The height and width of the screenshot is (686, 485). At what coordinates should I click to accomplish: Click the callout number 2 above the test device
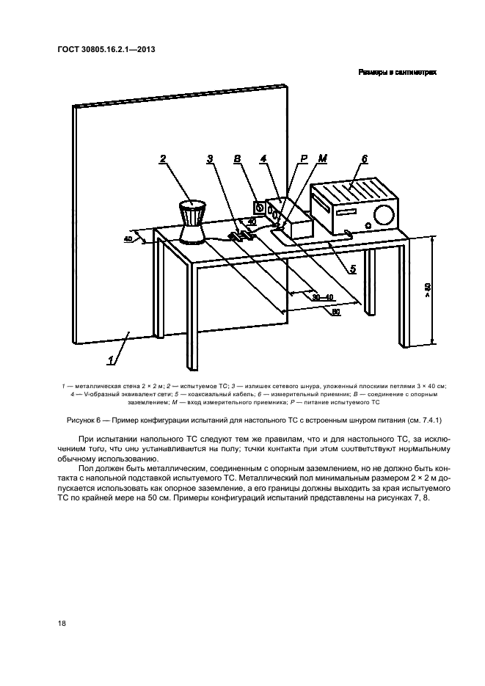coord(163,158)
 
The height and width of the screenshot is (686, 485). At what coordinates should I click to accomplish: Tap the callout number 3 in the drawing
coord(210,158)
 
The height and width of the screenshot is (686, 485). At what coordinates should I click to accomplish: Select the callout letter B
coord(236,158)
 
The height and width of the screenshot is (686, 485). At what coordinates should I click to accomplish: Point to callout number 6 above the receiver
coord(364,158)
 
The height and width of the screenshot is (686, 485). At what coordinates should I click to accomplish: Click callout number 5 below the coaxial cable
coord(352,269)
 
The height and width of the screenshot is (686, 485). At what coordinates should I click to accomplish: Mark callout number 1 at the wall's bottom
coord(112,360)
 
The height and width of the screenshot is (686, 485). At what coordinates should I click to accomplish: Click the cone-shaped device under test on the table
coord(192,222)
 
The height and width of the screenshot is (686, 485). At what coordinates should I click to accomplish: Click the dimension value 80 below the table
coord(335,312)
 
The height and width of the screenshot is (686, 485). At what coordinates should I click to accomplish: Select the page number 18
coord(62,623)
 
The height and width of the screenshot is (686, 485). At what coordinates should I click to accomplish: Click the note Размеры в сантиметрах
coord(397,73)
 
